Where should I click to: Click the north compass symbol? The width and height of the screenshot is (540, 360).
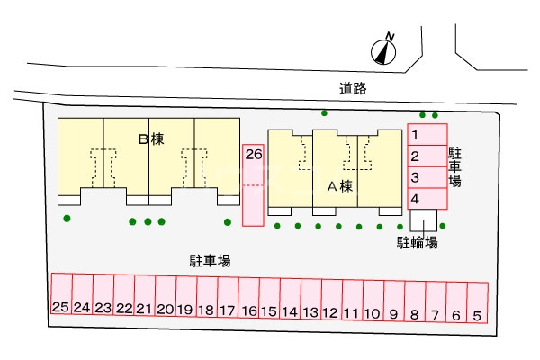pyautogui.click(x=387, y=50)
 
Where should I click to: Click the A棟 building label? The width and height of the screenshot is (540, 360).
pyautogui.click(x=339, y=186)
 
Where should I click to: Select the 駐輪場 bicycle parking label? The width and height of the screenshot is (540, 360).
pyautogui.click(x=418, y=242)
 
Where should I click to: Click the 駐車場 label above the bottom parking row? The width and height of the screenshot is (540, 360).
pyautogui.click(x=210, y=260)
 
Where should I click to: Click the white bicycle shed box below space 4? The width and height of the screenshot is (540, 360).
pyautogui.click(x=423, y=220)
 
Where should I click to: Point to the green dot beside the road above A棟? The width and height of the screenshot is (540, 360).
pyautogui.click(x=325, y=113)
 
